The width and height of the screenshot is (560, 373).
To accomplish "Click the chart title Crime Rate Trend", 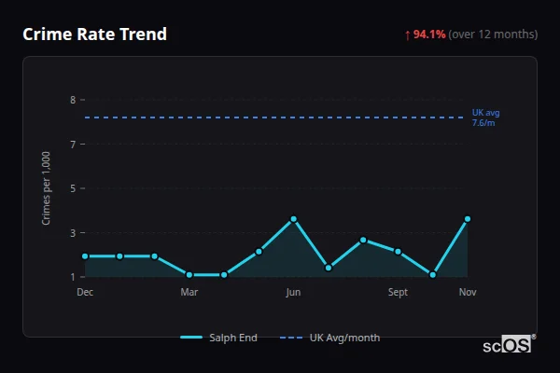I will [94, 35].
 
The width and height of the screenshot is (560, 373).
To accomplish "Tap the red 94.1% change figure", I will [430, 35].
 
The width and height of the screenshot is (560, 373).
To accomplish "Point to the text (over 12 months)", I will [493, 35].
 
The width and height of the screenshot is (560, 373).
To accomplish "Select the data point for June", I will [294, 219].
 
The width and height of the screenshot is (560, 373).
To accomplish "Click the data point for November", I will [468, 219].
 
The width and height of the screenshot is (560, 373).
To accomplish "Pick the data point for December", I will [85, 256].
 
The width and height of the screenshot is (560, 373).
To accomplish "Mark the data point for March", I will [189, 275].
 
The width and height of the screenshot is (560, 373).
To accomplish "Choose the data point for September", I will [398, 252].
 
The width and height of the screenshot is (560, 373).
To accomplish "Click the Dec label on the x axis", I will [85, 292].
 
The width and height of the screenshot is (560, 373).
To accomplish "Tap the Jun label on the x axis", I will [293, 292].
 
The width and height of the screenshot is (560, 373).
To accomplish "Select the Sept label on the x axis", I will [398, 292].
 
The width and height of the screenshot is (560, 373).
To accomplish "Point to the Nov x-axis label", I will [468, 292].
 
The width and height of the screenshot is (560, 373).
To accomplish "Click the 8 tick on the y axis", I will [72, 100].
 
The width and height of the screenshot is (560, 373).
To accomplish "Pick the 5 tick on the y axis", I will [72, 188].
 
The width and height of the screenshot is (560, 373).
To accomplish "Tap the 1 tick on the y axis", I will [72, 277].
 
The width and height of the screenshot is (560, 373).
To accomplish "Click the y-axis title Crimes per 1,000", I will [47, 187].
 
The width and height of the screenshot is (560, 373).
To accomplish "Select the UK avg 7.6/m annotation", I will [485, 117].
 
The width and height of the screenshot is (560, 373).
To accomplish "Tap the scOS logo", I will [508, 345].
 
